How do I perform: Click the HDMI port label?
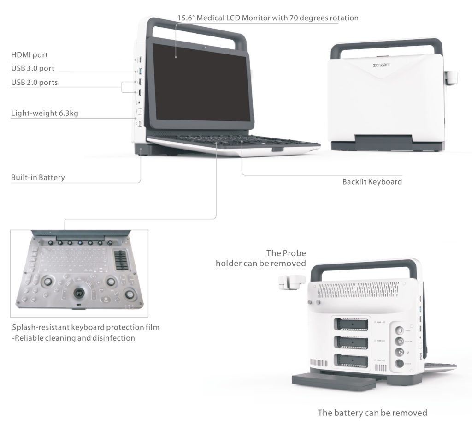coord(29,55)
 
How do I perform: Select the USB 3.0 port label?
coord(33,69)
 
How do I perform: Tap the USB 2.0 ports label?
coord(35,83)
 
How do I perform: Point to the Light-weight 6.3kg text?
coord(45,114)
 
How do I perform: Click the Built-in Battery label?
coord(38,178)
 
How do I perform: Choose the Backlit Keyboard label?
coord(372,182)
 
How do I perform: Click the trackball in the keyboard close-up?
coord(80,292)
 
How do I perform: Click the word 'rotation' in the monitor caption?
coord(342,18)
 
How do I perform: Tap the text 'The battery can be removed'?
coord(372,413)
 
